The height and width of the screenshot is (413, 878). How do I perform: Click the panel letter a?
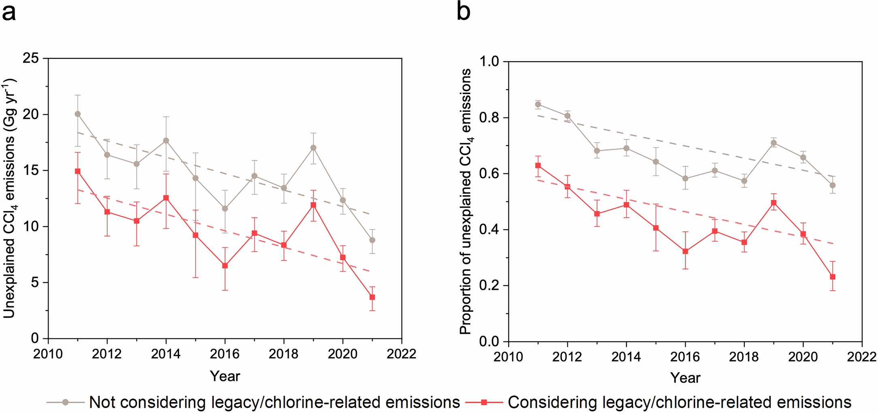[x=9, y=13]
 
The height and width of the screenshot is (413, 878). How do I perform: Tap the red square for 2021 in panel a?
[x=372, y=297]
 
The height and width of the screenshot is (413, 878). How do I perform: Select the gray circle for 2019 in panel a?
[x=313, y=148]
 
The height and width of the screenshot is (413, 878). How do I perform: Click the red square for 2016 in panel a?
[x=225, y=265]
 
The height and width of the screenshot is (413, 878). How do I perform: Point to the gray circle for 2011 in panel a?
[x=78, y=114]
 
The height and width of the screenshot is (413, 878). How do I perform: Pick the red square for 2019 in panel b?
[x=774, y=203]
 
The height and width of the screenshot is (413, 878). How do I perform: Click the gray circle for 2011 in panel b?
[x=538, y=104]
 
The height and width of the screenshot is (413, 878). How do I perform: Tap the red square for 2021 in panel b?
[x=833, y=277]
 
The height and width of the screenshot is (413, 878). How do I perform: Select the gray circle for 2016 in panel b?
[x=685, y=178]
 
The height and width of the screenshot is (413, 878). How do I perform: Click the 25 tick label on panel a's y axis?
[x=31, y=59]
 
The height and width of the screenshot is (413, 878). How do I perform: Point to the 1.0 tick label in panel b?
[x=490, y=62]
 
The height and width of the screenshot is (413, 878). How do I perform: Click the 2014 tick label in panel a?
[x=166, y=354]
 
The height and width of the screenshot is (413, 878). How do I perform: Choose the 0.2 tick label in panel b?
[x=490, y=286]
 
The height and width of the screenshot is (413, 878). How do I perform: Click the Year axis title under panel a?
[x=225, y=376]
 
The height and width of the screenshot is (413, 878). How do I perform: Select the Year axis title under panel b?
[x=685, y=378]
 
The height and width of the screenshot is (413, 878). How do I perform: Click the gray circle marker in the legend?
[x=66, y=402]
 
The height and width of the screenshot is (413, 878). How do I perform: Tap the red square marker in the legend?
[x=484, y=402]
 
